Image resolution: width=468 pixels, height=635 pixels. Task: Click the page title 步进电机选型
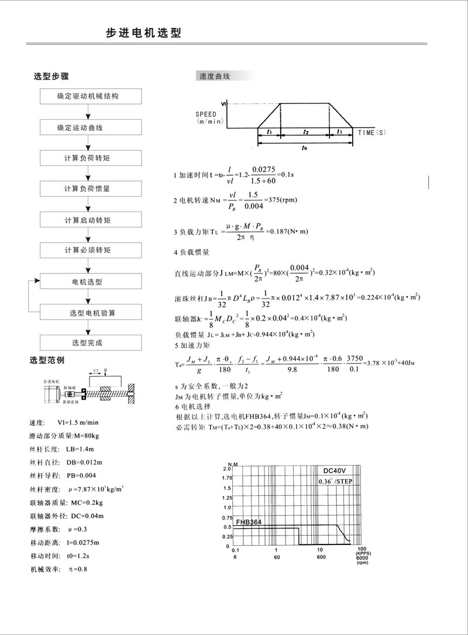point(143,33)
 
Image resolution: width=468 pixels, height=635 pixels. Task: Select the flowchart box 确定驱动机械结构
point(91,96)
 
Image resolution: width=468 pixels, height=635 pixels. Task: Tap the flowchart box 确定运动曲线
point(91,127)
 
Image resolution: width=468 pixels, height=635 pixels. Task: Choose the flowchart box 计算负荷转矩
point(91,158)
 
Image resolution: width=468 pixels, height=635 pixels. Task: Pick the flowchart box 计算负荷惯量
point(91,189)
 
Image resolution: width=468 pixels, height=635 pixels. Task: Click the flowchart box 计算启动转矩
point(91,220)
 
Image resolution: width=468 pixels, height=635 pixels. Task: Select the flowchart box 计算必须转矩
point(91,251)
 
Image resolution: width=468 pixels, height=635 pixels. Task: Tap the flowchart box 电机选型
point(91,282)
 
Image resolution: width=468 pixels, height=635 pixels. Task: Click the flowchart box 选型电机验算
point(91,313)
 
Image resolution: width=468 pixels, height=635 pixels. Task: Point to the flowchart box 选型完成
point(91,343)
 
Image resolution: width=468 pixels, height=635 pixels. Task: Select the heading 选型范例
point(50,359)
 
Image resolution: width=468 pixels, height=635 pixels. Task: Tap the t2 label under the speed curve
point(305,133)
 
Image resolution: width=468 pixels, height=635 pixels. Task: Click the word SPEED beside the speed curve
point(207,114)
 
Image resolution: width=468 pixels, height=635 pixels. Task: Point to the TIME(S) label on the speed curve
point(373,133)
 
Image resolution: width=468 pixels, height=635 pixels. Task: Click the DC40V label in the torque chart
point(337,470)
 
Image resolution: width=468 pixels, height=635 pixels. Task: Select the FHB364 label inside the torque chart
point(249,522)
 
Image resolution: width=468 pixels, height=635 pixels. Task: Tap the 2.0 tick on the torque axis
point(227,469)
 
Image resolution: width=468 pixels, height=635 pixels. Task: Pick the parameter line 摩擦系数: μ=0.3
point(58,529)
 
